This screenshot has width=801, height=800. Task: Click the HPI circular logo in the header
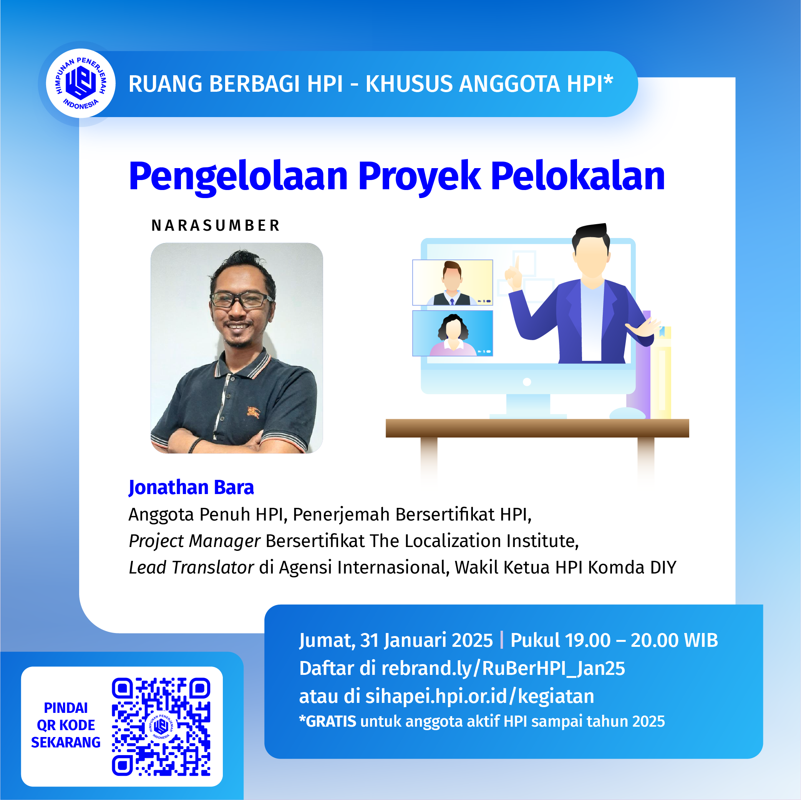pyautogui.click(x=80, y=83)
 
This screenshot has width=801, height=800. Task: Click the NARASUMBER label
pyautogui.click(x=216, y=225)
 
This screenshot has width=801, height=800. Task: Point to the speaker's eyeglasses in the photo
pyautogui.click(x=241, y=299)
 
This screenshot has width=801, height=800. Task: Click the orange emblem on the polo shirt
pyautogui.click(x=253, y=412)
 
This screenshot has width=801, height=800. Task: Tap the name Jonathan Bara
pyautogui.click(x=191, y=487)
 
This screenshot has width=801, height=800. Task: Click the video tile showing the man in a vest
pyautogui.click(x=452, y=283)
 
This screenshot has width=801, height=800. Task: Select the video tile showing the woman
pyautogui.click(x=452, y=333)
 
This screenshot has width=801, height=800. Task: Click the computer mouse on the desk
pyautogui.click(x=627, y=413)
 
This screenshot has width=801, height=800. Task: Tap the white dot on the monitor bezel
pyautogui.click(x=527, y=382)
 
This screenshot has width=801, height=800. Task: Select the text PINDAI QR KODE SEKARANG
pyautogui.click(x=66, y=725)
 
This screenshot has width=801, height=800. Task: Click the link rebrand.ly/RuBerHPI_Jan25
pyautogui.click(x=503, y=668)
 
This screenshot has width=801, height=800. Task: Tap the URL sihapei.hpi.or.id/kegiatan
pyautogui.click(x=480, y=696)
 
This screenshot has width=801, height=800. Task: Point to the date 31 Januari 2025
pyautogui.click(x=426, y=640)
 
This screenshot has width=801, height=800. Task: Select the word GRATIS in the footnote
pyautogui.click(x=330, y=721)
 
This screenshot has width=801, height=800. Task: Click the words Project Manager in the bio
pyautogui.click(x=194, y=541)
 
